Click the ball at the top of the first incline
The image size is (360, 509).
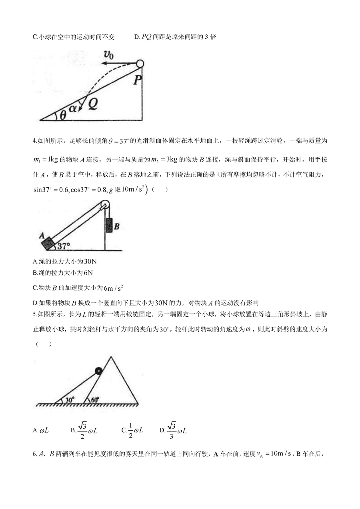[x=140, y=64]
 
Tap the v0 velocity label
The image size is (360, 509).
[x=108, y=55]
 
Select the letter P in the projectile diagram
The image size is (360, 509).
[x=137, y=80]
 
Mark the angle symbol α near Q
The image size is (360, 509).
[x=74, y=108]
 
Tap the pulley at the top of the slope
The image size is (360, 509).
[x=105, y=205]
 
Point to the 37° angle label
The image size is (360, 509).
[x=63, y=246]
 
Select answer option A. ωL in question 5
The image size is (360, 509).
[x=41, y=431]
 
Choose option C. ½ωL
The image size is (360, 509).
[x=132, y=430]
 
